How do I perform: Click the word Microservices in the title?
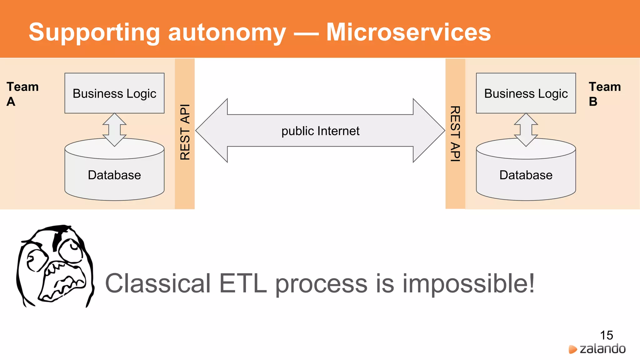pyautogui.click(x=408, y=32)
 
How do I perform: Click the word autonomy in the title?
pyautogui.click(x=227, y=33)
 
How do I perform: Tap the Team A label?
pyautogui.click(x=22, y=94)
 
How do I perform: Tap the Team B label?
pyautogui.click(x=604, y=94)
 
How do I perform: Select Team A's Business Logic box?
pyautogui.click(x=114, y=93)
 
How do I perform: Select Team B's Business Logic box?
pyautogui.click(x=526, y=93)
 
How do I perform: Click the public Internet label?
pyautogui.click(x=320, y=131)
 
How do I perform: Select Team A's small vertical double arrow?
pyautogui.click(x=114, y=129)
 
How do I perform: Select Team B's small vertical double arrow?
pyautogui.click(x=526, y=129)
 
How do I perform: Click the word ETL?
pyautogui.click(x=243, y=283)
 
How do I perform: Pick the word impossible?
pyautogui.click(x=468, y=284)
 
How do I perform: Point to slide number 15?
pyautogui.click(x=606, y=335)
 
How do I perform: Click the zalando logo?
pyautogui.click(x=597, y=349)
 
